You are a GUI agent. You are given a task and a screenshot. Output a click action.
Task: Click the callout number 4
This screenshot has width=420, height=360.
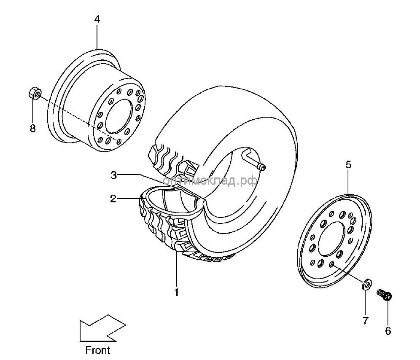click(97, 19)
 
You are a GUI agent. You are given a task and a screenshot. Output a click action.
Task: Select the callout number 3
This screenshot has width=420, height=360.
click(113, 175)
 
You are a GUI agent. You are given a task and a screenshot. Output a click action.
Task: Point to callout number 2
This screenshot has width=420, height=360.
click(113, 199)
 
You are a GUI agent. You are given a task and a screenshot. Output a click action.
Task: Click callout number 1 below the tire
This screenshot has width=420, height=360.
click(177, 291)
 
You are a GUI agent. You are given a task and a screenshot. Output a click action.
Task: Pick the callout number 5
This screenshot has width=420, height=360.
click(348, 165)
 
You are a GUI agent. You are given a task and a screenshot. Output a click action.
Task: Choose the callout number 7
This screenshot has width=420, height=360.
click(366, 320)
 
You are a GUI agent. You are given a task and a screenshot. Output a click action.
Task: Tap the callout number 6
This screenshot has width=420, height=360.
click(388, 331)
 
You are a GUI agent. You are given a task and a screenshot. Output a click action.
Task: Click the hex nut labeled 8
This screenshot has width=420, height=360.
click(35, 92)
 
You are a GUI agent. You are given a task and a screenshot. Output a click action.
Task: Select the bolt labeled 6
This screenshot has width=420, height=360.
click(384, 294)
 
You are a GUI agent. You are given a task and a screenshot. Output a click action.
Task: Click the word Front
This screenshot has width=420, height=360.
click(97, 349)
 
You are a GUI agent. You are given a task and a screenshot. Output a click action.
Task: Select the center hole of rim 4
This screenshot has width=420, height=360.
click(117, 116)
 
